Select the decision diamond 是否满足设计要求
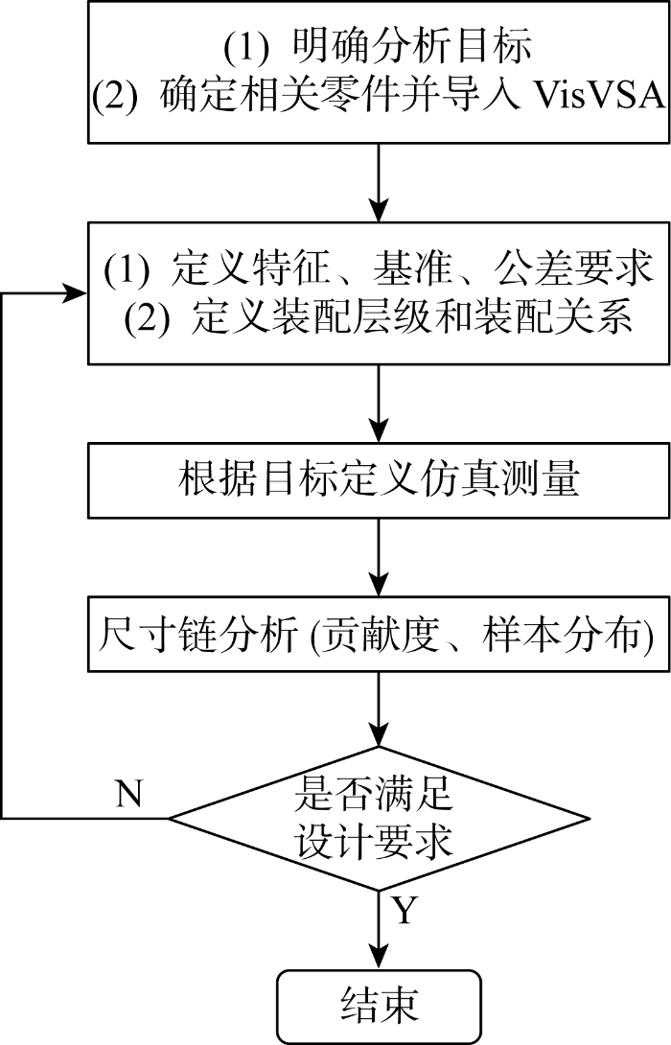tap(380, 818)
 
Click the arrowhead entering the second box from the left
tap(77, 293)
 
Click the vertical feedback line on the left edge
tap(4, 556)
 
